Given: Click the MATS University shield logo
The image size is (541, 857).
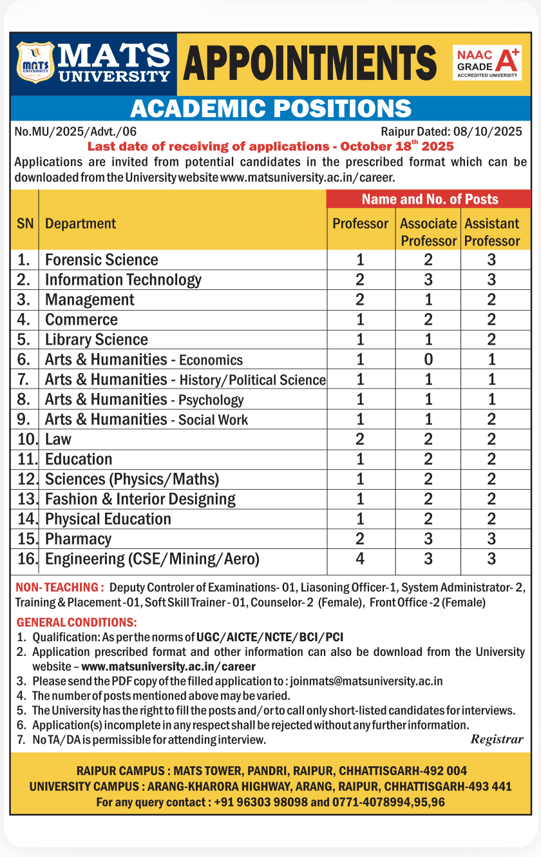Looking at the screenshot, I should (x=35, y=63).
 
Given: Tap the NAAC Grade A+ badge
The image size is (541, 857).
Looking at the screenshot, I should (x=487, y=63).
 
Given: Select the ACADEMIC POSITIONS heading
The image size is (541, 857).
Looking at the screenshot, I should (x=270, y=108).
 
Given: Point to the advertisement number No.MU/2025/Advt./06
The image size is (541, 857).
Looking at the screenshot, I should (x=75, y=132).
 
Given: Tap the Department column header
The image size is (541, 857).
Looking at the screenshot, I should (x=81, y=224).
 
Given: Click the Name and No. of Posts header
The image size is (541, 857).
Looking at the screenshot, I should (x=430, y=199).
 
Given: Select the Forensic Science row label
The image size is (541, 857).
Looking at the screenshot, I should (x=101, y=260).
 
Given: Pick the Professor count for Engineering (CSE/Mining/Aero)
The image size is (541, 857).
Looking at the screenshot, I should (x=360, y=559).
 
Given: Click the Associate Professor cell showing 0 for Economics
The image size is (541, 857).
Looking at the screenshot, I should (x=428, y=360).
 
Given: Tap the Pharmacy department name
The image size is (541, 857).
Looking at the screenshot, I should (x=78, y=539).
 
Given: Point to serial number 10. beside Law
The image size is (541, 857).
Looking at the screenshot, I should (x=26, y=439).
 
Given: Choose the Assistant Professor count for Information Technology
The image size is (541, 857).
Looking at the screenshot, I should (x=491, y=280).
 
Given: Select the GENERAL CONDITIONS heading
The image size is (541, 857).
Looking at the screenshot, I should (x=77, y=623).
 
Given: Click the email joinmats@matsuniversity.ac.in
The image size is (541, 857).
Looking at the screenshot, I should (x=366, y=681).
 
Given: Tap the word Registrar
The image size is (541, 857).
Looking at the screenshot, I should (x=497, y=739).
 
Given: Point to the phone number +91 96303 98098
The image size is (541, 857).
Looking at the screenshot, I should (x=261, y=802).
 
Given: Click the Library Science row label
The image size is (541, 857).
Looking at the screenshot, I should (x=97, y=340).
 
